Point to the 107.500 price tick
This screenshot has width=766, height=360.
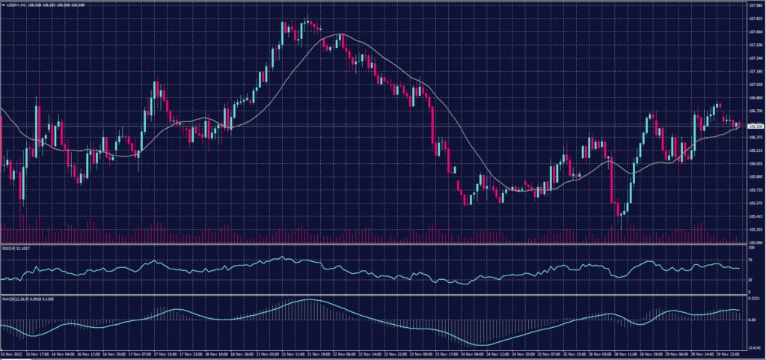[753, 45]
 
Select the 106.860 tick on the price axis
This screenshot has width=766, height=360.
[753, 98]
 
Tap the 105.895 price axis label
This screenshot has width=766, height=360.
[753, 177]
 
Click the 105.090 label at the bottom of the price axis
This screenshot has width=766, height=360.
[753, 242]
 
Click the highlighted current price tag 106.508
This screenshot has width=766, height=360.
[754, 126]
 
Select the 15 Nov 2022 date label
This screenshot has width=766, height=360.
[10, 353]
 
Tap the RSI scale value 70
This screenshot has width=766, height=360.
[749, 259]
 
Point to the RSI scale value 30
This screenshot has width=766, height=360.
[749, 280]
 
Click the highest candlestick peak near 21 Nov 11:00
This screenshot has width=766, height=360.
[307, 16]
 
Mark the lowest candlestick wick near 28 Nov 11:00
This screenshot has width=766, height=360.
[620, 227]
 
